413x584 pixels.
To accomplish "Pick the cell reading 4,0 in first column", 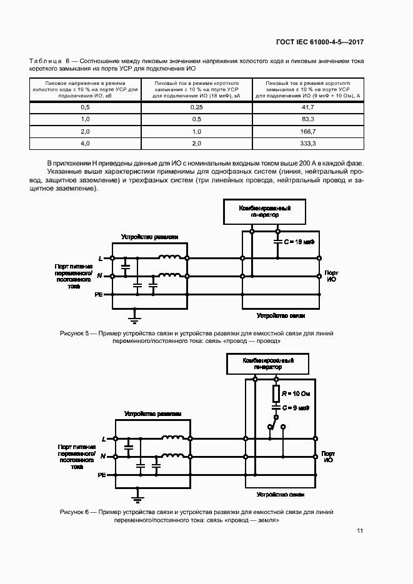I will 86,143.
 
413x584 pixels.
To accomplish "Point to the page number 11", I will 359,531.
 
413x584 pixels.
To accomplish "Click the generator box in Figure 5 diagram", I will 264,210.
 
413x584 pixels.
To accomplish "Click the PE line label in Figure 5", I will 99,294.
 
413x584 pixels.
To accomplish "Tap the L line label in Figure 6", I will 102,439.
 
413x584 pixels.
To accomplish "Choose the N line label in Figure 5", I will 100,275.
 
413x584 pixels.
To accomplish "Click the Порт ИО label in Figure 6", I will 327,456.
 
